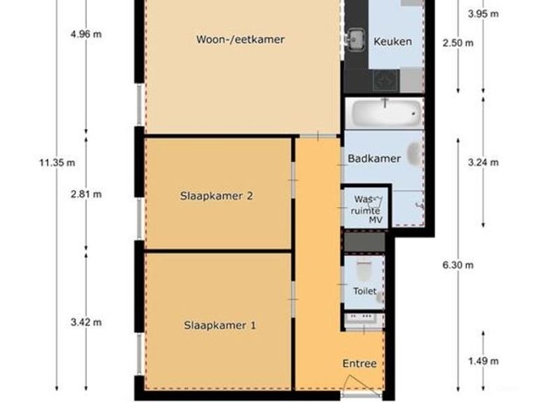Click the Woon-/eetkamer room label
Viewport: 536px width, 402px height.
240,40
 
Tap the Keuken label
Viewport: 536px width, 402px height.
392,42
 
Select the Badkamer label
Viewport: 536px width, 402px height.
374,158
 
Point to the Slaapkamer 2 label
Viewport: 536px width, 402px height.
216,196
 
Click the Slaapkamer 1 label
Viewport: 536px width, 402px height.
220,325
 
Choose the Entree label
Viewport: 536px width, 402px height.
359,364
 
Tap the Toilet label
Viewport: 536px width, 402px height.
365,291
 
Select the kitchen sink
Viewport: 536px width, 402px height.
355,38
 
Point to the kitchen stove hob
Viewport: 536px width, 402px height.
386,81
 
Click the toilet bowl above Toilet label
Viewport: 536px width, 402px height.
364,270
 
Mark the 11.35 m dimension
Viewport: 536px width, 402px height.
57,163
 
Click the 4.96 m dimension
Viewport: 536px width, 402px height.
86,34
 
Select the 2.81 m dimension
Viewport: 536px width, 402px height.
86,195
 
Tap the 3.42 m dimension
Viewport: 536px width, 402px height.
86,322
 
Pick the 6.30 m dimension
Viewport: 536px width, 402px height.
458,265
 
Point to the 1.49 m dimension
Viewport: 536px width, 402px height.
484,362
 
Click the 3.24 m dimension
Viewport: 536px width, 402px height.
484,163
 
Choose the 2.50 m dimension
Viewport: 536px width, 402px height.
458,43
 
